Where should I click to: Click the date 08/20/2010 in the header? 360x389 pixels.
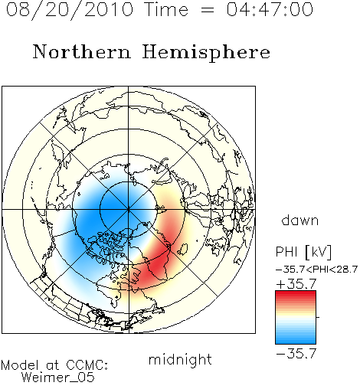pyautogui.click(x=70, y=9)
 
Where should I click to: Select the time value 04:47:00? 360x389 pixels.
pyautogui.click(x=270, y=9)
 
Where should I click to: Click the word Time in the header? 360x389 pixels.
pyautogui.click(x=166, y=9)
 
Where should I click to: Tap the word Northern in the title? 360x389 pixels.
pyautogui.click(x=82, y=51)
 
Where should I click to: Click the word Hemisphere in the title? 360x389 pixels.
pyautogui.click(x=206, y=52)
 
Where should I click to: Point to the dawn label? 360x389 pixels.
pyautogui.click(x=300, y=220)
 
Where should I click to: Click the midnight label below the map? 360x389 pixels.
pyautogui.click(x=180, y=359)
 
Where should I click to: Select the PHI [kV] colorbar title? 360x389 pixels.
pyautogui.click(x=304, y=252)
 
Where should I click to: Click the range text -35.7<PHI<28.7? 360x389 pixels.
pyautogui.click(x=316, y=270)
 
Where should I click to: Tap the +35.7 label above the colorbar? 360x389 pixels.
pyautogui.click(x=296, y=284)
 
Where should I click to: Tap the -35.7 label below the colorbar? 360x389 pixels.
pyautogui.click(x=296, y=354)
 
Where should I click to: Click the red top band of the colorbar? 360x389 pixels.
pyautogui.click(x=296, y=294)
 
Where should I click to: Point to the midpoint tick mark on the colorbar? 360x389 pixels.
pyautogui.click(x=318, y=317)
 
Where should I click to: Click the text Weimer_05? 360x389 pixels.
pyautogui.click(x=58, y=378)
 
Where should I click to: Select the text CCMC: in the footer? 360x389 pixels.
pyautogui.click(x=87, y=365)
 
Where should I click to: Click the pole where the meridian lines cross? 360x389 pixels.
pyautogui.click(x=129, y=209)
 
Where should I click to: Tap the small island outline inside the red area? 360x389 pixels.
pyautogui.click(x=183, y=249)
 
